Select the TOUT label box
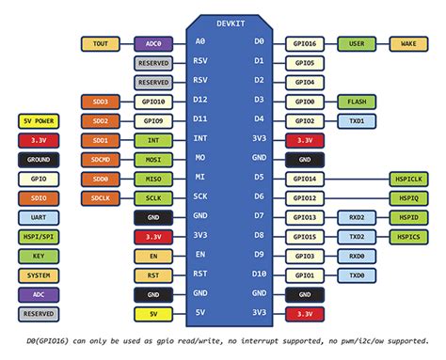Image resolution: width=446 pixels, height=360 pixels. [100, 43]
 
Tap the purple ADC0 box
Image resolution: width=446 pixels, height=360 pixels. [152, 43]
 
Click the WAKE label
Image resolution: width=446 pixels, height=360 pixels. [409, 43]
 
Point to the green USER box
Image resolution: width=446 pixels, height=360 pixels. [357, 43]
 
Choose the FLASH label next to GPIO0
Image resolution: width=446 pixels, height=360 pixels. [357, 102]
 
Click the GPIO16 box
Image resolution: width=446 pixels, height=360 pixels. [304, 43]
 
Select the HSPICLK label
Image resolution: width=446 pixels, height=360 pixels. [409, 178]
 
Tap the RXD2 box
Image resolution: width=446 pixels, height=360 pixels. [357, 216]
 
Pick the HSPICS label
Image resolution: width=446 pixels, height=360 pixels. [409, 236]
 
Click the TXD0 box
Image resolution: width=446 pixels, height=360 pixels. [357, 274]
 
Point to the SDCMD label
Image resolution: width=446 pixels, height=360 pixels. [100, 159]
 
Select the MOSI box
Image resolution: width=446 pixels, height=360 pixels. [152, 159]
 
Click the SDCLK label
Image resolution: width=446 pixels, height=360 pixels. [100, 197]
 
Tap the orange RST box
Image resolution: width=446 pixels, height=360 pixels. [152, 274]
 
